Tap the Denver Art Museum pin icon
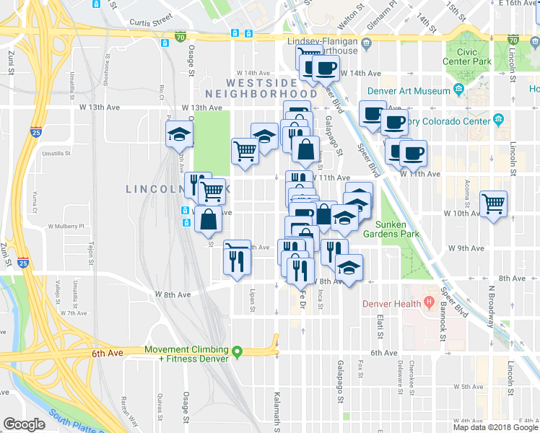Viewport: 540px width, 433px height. tap(458, 90)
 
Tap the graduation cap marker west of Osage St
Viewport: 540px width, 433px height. tap(178, 134)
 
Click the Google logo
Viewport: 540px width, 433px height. tap(25, 424)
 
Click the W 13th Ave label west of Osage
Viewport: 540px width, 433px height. tap(173, 108)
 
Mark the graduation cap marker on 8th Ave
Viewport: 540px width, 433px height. tap(349, 268)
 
